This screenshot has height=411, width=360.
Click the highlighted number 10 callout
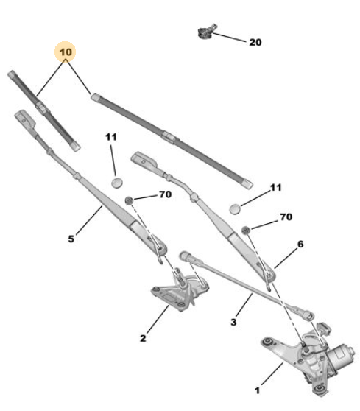(65, 52)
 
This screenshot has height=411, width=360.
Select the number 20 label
(255, 42)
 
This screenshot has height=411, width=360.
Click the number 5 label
(71, 239)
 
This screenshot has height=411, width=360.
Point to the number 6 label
(300, 245)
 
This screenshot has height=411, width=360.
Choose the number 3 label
(233, 322)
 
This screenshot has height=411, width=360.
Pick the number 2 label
(143, 338)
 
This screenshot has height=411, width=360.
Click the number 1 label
(257, 390)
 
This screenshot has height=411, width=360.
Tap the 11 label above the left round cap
(111, 137)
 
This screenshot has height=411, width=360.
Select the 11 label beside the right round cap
(275, 187)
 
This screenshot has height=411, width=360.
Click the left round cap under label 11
(117, 182)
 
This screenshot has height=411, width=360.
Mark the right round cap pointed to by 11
(235, 209)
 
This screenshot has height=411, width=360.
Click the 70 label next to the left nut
(166, 194)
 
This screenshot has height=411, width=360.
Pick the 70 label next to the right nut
(286, 217)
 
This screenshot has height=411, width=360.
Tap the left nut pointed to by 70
(129, 200)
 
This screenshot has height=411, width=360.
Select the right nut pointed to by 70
(246, 230)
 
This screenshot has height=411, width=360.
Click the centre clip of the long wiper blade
(169, 137)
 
